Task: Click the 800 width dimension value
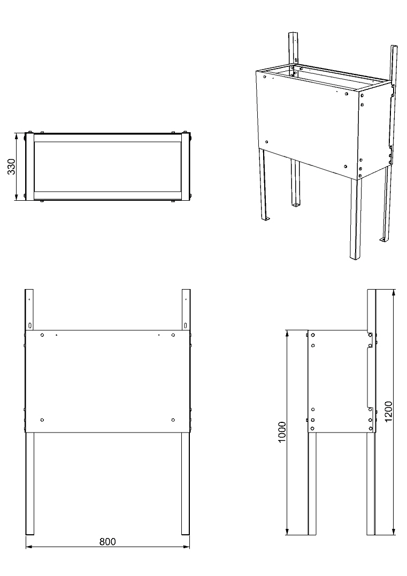[x=107, y=541]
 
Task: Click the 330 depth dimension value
[x=11, y=166]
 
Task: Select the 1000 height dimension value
[x=281, y=432]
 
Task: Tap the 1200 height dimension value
[x=388, y=412]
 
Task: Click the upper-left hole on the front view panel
[x=42, y=335]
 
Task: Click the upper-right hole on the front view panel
[x=173, y=335]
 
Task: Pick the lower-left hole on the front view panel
[x=42, y=420]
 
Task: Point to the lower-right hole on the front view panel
[x=173, y=420]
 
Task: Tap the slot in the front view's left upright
[x=30, y=325]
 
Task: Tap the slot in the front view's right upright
[x=186, y=325]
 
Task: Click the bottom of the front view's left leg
[x=29, y=534]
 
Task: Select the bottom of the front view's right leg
[x=186, y=534]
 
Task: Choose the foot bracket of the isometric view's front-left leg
[x=266, y=219]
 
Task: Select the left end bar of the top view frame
[x=30, y=167]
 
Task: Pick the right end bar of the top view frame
[x=186, y=167]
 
